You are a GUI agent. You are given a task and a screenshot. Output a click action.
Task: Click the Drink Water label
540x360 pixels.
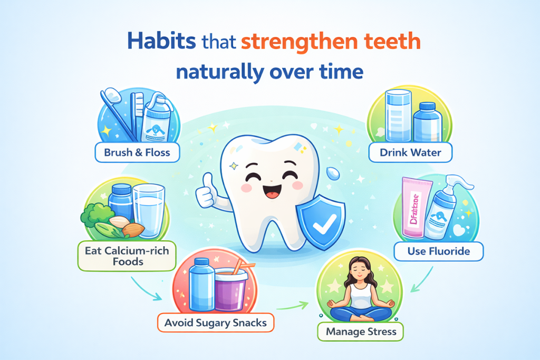click(x=410, y=153)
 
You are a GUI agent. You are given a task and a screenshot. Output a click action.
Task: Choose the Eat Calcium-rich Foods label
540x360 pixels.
click(x=127, y=256)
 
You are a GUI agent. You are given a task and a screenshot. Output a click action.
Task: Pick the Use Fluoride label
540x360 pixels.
click(x=438, y=251)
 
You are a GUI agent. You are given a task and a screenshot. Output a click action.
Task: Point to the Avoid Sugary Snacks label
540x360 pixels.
click(x=216, y=322)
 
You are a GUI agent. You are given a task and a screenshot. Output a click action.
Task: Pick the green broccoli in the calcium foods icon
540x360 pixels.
click(x=94, y=217)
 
